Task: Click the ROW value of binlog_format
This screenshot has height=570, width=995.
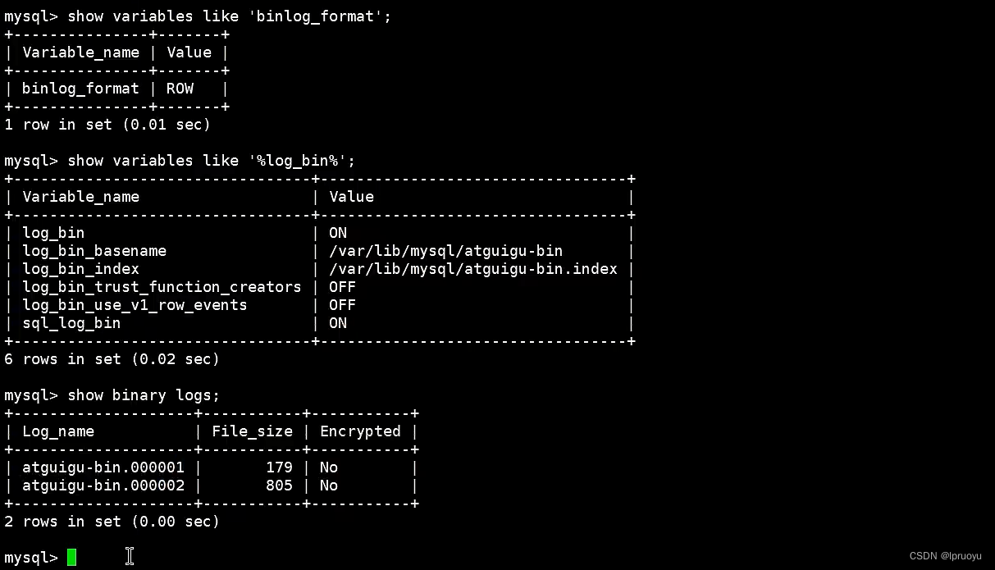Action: pos(180,89)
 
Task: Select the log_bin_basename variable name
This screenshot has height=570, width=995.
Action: pos(94,251)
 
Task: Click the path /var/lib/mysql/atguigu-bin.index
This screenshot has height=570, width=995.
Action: pos(473,269)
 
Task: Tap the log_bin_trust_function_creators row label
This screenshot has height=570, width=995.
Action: pos(162,287)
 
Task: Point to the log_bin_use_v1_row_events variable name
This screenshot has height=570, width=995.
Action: pos(135,305)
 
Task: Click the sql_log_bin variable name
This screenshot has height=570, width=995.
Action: pos(71,323)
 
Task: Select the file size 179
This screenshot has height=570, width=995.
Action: pos(279,467)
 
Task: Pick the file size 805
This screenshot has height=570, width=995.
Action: pos(279,486)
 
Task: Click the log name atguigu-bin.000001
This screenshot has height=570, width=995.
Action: pos(103,467)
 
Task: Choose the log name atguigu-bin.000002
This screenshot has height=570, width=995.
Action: pos(103,486)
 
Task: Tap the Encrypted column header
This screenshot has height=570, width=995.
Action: pos(360,431)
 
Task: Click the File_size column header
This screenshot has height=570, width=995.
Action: pos(252,431)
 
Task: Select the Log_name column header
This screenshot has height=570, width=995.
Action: pos(58,431)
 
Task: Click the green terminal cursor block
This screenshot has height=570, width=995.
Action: pos(72,558)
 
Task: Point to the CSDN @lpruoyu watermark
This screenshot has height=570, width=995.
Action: pos(945,556)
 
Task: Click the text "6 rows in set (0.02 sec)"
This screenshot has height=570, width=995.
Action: pos(112,359)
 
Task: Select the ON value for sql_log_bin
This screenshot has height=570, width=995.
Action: pos(338,323)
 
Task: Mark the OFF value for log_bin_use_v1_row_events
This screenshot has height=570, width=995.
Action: pos(342,305)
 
